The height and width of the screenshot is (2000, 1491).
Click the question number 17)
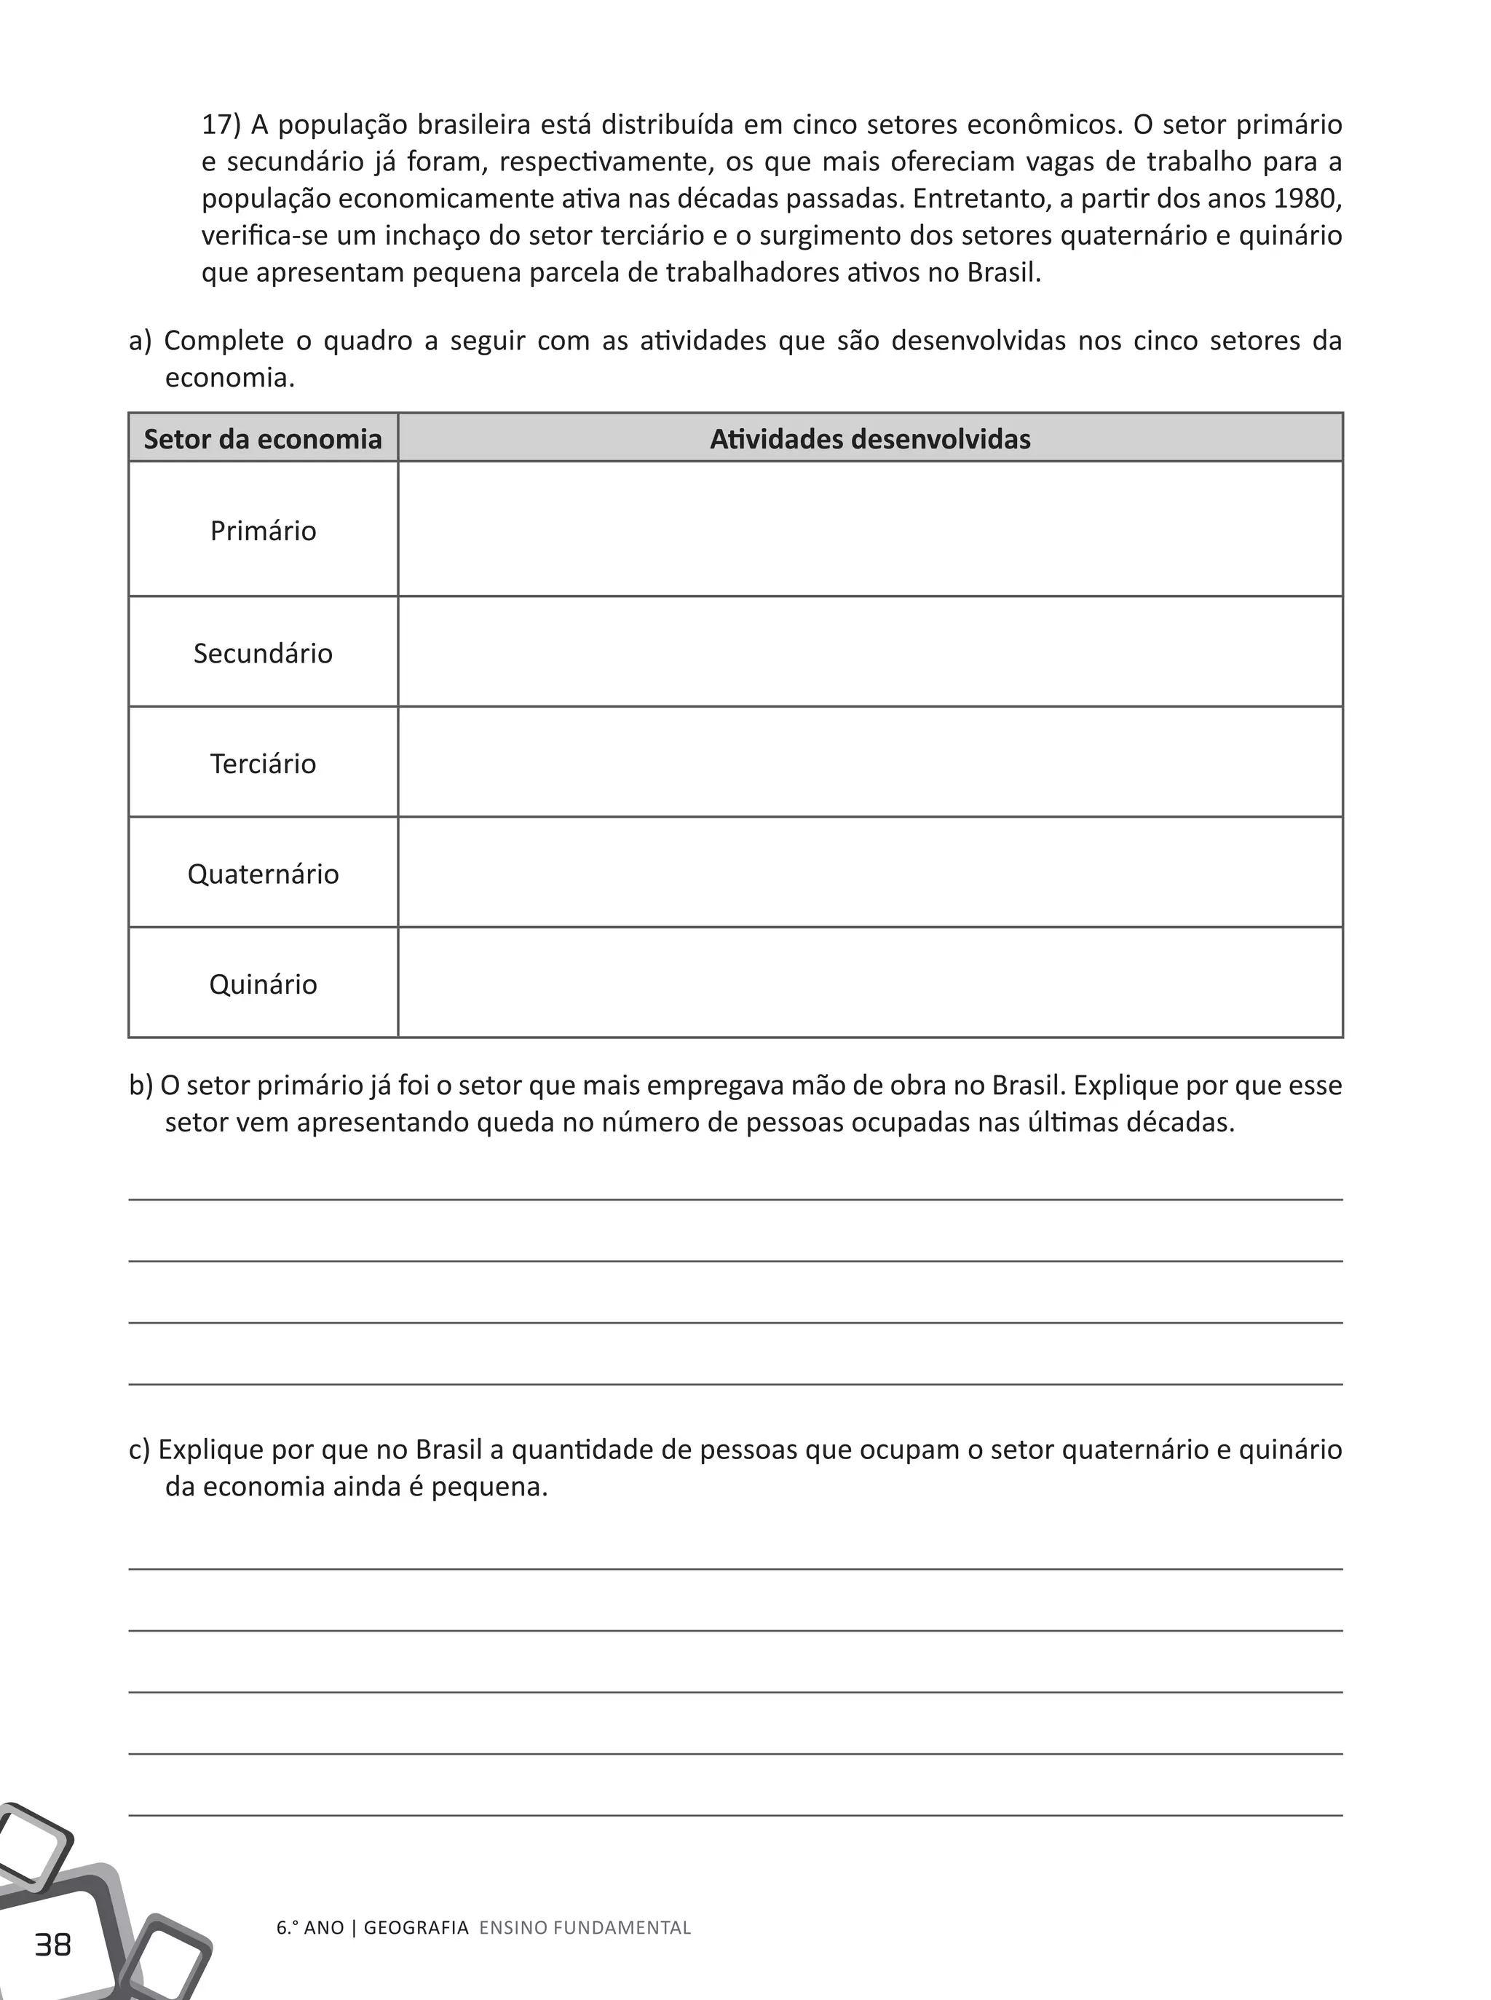pos(221,124)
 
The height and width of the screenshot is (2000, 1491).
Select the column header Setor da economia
pos(263,440)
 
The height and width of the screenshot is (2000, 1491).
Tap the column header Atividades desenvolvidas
pos(869,440)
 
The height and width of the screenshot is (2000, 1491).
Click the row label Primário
pos(263,531)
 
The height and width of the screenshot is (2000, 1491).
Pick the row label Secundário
pos(263,653)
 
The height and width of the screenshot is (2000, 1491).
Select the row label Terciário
pos(263,764)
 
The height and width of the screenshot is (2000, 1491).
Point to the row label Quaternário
pos(263,874)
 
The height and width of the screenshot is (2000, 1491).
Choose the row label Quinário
pos(263,984)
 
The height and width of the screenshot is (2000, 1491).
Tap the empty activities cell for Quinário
pos(869,983)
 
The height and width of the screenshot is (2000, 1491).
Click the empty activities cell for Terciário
pos(869,762)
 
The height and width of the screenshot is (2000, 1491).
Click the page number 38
pos(52,1944)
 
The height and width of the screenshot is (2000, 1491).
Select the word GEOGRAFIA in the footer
pos(416,1928)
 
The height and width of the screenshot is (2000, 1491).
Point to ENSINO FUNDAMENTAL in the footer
pos(585,1928)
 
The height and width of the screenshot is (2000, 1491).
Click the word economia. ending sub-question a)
pos(229,378)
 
